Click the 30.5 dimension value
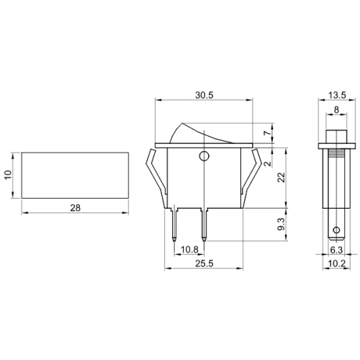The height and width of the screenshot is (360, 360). tap(204, 95)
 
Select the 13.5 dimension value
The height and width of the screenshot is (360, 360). tap(337, 95)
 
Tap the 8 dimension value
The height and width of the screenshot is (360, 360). tap(336, 109)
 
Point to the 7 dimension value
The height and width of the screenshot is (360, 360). tap(267, 132)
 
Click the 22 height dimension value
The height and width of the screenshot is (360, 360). tap(282, 177)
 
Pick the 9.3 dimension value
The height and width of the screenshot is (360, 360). tap(282, 224)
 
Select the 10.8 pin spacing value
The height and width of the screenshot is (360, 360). tap(189, 250)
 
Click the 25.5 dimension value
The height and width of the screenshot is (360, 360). tap(204, 264)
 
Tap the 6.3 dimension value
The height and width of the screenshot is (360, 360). tap(336, 250)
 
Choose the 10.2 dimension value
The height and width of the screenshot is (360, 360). tap(336, 264)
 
